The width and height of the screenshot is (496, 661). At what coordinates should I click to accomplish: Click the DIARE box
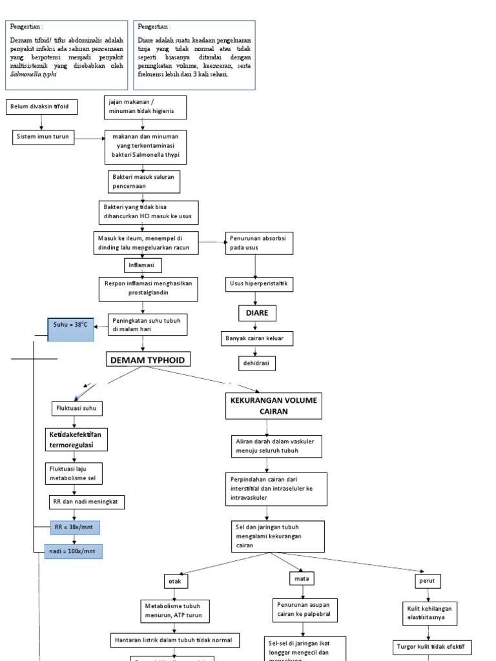(x=256, y=313)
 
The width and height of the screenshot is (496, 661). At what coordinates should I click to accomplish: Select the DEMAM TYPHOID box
(x=148, y=360)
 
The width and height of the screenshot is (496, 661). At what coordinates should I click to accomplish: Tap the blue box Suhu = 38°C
(x=70, y=329)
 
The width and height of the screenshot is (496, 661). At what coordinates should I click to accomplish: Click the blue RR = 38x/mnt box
(x=74, y=528)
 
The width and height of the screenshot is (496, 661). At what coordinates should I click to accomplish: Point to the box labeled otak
(x=176, y=582)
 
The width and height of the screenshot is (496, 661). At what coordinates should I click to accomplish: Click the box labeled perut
(x=428, y=581)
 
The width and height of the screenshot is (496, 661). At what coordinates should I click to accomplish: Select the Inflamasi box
(x=142, y=265)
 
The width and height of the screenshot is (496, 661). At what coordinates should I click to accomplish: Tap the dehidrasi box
(x=257, y=364)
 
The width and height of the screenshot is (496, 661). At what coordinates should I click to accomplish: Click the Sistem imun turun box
(x=44, y=137)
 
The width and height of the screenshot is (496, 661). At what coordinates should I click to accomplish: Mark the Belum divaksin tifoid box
(x=43, y=107)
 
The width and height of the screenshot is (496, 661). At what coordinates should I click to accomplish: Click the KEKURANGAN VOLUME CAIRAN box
(x=273, y=405)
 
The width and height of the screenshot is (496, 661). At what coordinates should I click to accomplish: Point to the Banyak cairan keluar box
(x=257, y=338)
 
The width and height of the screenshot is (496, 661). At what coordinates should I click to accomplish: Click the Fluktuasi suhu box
(x=77, y=409)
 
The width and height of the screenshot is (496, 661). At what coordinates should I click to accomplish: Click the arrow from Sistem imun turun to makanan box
(x=90, y=137)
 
